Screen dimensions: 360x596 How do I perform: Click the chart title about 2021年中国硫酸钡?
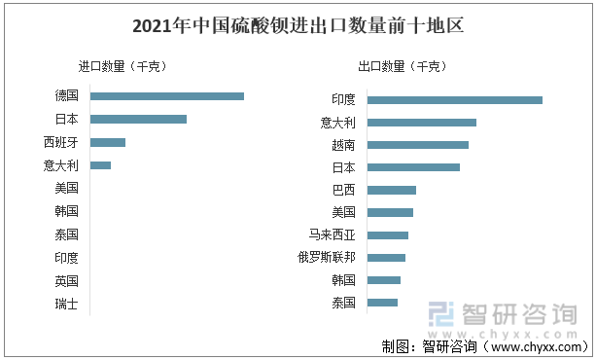[x=298, y=26]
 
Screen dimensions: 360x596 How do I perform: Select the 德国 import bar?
[x=166, y=95]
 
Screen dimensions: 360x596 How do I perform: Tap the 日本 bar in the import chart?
[x=138, y=119]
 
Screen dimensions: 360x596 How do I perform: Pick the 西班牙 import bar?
[x=108, y=142]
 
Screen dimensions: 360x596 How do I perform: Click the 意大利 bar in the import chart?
[x=100, y=165]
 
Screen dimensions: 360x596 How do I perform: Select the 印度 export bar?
[x=454, y=99]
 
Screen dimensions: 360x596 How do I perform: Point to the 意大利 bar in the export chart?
[x=421, y=123]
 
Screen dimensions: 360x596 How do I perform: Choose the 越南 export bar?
[x=417, y=145]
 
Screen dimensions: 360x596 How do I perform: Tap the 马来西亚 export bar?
[x=387, y=234]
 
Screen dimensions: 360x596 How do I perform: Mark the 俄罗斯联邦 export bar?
[x=386, y=257]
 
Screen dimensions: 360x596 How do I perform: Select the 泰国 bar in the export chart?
[x=382, y=302]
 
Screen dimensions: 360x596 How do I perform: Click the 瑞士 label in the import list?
[x=67, y=305]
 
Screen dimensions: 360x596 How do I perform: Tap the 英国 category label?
[x=67, y=281]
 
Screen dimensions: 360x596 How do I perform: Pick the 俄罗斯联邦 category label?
[x=327, y=257]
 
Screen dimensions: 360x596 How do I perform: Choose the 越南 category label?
[x=343, y=145]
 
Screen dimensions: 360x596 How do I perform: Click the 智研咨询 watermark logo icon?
[x=442, y=314]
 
